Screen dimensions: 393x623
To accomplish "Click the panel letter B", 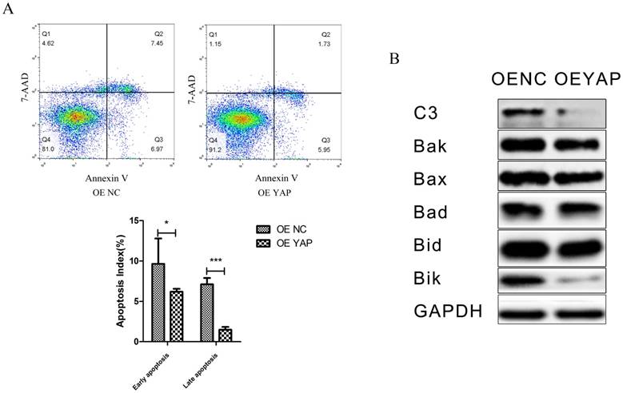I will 393,59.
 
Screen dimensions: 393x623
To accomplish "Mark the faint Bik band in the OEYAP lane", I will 579,279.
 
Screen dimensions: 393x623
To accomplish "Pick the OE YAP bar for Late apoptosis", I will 225,334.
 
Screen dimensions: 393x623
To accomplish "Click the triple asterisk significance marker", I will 215,260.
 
